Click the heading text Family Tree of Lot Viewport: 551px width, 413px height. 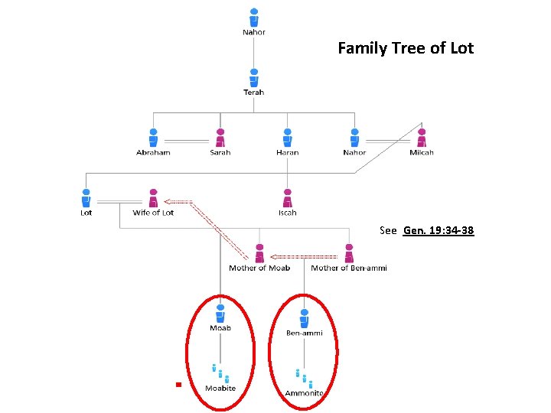[406, 48]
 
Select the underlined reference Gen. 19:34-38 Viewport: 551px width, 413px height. [438, 230]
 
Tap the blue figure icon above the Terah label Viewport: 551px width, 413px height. [253, 77]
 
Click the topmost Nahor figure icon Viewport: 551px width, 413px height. [253, 17]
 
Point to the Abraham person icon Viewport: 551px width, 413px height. [153, 138]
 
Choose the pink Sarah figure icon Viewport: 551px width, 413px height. [220, 138]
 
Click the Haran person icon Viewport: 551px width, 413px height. [287, 138]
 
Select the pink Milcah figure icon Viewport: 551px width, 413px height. [422, 138]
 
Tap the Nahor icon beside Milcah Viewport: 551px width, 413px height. [354, 138]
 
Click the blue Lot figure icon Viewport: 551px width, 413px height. [86, 197]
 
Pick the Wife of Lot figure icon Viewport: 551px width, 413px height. [153, 197]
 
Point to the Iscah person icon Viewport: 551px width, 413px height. [287, 197]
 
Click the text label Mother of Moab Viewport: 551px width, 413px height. [259, 268]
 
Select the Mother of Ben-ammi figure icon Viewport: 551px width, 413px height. [349, 253]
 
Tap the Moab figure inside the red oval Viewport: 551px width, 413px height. [220, 314]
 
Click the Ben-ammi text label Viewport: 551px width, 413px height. [304, 333]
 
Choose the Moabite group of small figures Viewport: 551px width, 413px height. [220, 373]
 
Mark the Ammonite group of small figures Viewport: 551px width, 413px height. [304, 377]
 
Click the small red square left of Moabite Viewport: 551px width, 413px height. [177, 385]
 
